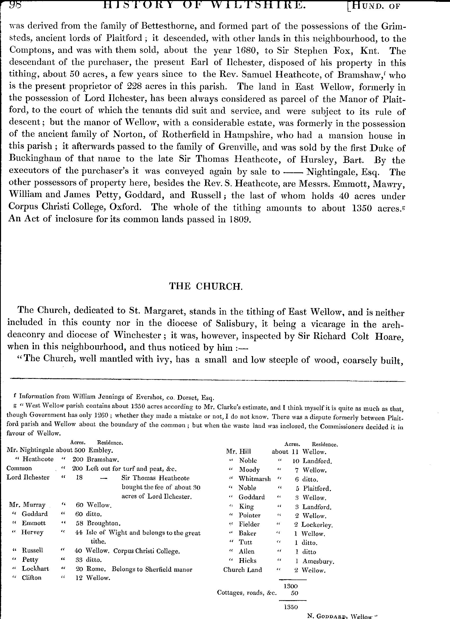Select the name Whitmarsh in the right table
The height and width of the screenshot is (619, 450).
(x=255, y=479)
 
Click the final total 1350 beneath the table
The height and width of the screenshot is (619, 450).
(x=291, y=608)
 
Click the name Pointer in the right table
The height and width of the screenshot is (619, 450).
(x=250, y=515)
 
